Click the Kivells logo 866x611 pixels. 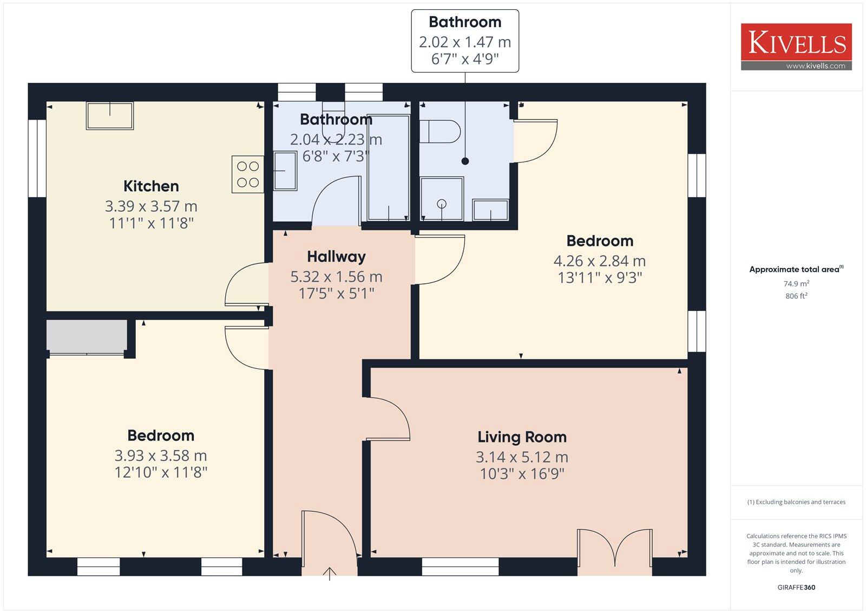(x=796, y=47)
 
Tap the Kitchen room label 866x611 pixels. (x=151, y=186)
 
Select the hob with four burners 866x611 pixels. (x=248, y=174)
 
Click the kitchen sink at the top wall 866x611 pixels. (x=110, y=116)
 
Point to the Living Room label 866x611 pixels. (x=522, y=437)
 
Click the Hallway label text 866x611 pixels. (x=336, y=257)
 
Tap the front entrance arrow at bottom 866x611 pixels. (x=330, y=573)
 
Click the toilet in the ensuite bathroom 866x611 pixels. (x=440, y=131)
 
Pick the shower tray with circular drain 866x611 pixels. (x=442, y=199)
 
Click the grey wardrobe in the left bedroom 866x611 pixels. (x=87, y=336)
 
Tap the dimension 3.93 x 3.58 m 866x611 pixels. (x=161, y=456)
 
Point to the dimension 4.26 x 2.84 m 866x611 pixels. (x=599, y=261)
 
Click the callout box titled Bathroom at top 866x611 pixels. (x=465, y=41)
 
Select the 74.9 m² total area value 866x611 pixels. (x=796, y=284)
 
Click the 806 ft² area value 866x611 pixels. (x=796, y=296)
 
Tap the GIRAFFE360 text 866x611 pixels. (x=796, y=587)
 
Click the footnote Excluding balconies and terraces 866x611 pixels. (x=796, y=502)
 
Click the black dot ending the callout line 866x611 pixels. (x=465, y=161)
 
